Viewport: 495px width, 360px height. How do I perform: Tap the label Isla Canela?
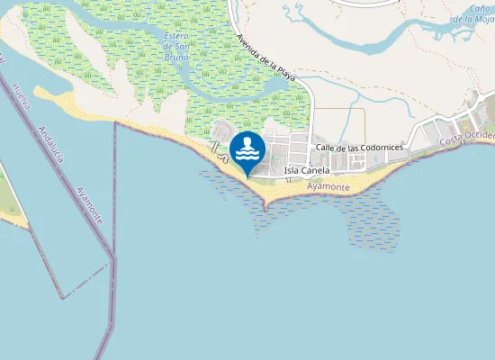coord(306,170)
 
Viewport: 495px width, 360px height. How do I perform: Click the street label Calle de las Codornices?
coord(358,148)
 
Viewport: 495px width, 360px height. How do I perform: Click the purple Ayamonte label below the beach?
coord(328,187)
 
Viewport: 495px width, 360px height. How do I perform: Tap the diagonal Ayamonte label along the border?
coord(89,200)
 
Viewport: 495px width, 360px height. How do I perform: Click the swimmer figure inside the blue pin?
coord(247,147)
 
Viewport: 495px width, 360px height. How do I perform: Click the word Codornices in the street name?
coord(381,148)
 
